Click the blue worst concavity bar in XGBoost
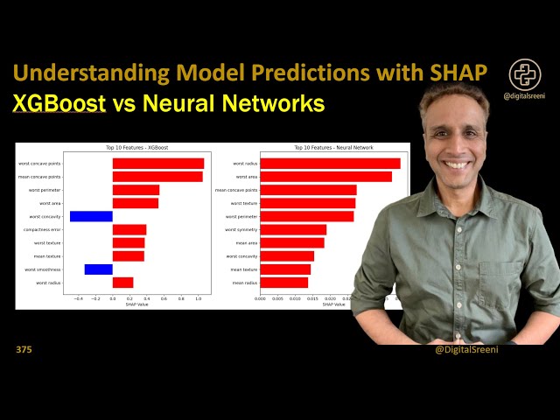(91, 216)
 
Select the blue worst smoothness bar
(98, 269)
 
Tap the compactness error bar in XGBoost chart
(129, 229)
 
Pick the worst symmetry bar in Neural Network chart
(293, 229)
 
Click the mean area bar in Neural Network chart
(291, 242)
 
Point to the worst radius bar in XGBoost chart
(122, 283)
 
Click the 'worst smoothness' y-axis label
(43, 269)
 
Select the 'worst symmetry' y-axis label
(241, 229)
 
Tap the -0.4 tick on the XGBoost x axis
(78, 298)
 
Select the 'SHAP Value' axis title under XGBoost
(136, 304)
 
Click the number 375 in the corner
(24, 350)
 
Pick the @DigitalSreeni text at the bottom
(466, 350)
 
